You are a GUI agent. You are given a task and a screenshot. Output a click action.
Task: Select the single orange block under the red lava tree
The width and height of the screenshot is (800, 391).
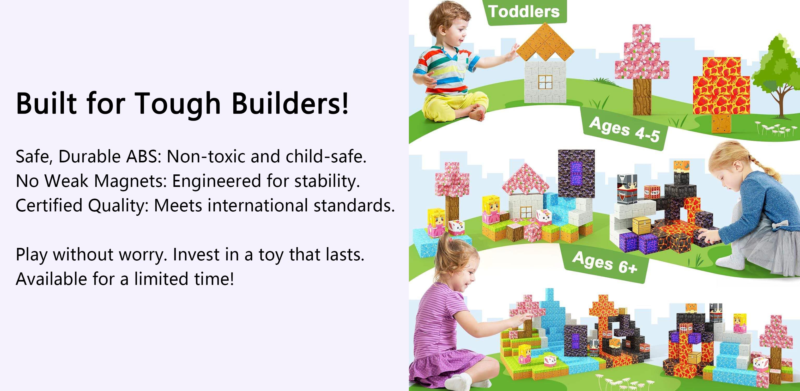click(x=721, y=123)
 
